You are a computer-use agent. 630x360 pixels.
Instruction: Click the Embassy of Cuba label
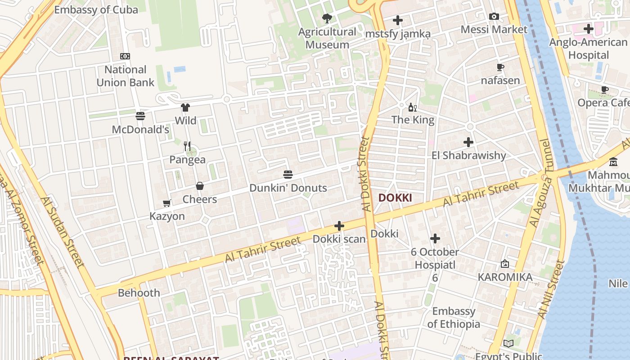96,9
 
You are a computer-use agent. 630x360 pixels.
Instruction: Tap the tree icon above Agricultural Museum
327,18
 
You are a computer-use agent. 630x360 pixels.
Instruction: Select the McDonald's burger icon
140,116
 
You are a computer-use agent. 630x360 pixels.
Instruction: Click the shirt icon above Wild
185,107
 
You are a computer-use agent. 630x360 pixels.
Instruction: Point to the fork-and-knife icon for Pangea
187,146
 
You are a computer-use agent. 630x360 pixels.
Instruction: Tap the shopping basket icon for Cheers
200,186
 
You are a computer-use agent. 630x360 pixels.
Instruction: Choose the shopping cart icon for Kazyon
167,203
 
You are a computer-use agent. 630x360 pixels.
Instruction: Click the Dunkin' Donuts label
288,188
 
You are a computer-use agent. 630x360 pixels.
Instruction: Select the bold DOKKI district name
395,198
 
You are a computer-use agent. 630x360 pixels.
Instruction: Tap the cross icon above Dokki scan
339,226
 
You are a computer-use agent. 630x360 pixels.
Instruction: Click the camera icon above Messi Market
494,17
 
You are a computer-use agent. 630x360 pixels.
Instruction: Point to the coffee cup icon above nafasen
500,67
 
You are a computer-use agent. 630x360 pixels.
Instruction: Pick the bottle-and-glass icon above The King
413,107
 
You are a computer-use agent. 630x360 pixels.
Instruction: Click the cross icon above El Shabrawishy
468,142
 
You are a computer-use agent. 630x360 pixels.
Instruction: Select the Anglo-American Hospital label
588,49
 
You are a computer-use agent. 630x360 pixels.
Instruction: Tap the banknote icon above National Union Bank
125,56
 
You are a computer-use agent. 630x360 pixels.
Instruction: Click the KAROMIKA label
505,277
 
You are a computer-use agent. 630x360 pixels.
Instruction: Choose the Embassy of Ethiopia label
454,317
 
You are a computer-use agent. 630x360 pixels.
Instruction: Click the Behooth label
139,292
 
